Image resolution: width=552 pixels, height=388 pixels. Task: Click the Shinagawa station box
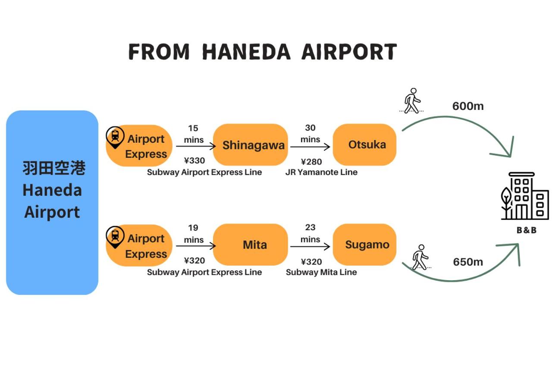(251, 145)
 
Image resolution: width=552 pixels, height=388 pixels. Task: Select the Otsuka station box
(365, 145)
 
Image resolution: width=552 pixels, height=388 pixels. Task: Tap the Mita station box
(251, 245)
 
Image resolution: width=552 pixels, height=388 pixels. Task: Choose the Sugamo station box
(365, 245)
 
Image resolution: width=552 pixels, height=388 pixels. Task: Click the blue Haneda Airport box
(52, 203)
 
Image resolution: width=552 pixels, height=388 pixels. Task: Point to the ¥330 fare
(194, 161)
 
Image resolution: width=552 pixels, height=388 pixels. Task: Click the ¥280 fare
(311, 162)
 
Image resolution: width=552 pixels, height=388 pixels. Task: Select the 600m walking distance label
(468, 106)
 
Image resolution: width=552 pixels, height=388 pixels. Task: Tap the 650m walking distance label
(468, 262)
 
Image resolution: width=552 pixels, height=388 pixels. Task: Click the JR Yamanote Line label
(321, 172)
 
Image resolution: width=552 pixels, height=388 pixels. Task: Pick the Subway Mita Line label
(321, 272)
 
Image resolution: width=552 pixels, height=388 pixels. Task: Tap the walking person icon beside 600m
(412, 101)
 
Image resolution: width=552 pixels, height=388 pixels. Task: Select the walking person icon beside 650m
(420, 257)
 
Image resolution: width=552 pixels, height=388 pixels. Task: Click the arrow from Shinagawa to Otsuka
(310, 147)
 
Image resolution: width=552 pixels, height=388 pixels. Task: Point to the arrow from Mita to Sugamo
(310, 247)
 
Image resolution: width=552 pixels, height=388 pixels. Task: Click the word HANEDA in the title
(246, 52)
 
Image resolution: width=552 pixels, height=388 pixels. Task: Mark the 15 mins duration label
(193, 134)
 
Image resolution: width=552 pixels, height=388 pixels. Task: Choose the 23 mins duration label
(310, 233)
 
